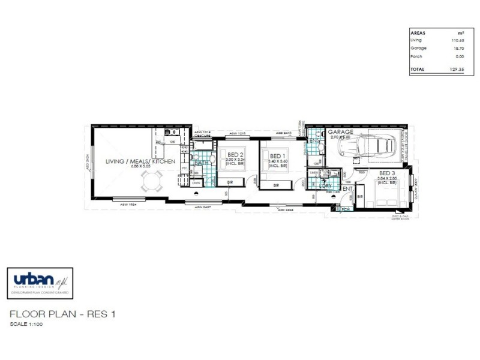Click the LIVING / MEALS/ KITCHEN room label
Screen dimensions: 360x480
(x=140, y=162)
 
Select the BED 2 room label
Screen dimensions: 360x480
(x=235, y=155)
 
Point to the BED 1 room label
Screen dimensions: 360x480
(x=275, y=155)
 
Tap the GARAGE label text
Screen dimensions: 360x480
(x=340, y=131)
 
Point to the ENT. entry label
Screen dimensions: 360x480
(x=347, y=188)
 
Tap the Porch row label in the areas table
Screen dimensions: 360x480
(x=416, y=56)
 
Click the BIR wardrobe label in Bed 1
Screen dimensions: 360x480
(x=275, y=186)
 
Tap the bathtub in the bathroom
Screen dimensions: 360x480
(x=202, y=145)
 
